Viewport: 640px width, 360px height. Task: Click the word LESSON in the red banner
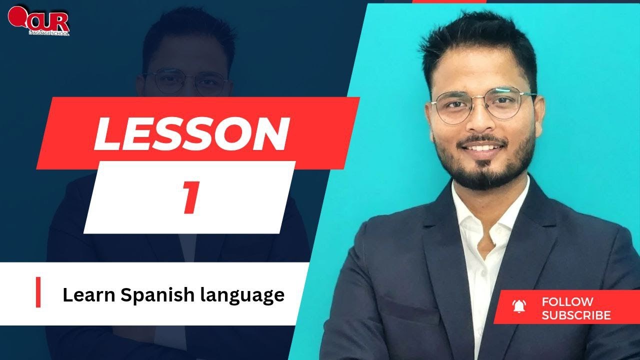[x=191, y=133]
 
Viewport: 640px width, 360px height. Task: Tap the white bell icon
[x=519, y=306]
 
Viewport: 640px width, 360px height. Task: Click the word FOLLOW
[x=567, y=301]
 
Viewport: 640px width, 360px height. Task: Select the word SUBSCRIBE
[x=576, y=315]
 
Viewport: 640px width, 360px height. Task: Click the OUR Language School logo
[x=39, y=21]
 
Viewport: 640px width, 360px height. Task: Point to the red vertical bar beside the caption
[x=38, y=292]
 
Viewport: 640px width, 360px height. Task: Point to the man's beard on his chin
[x=480, y=172]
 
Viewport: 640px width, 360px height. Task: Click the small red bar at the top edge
[x=449, y=1]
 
